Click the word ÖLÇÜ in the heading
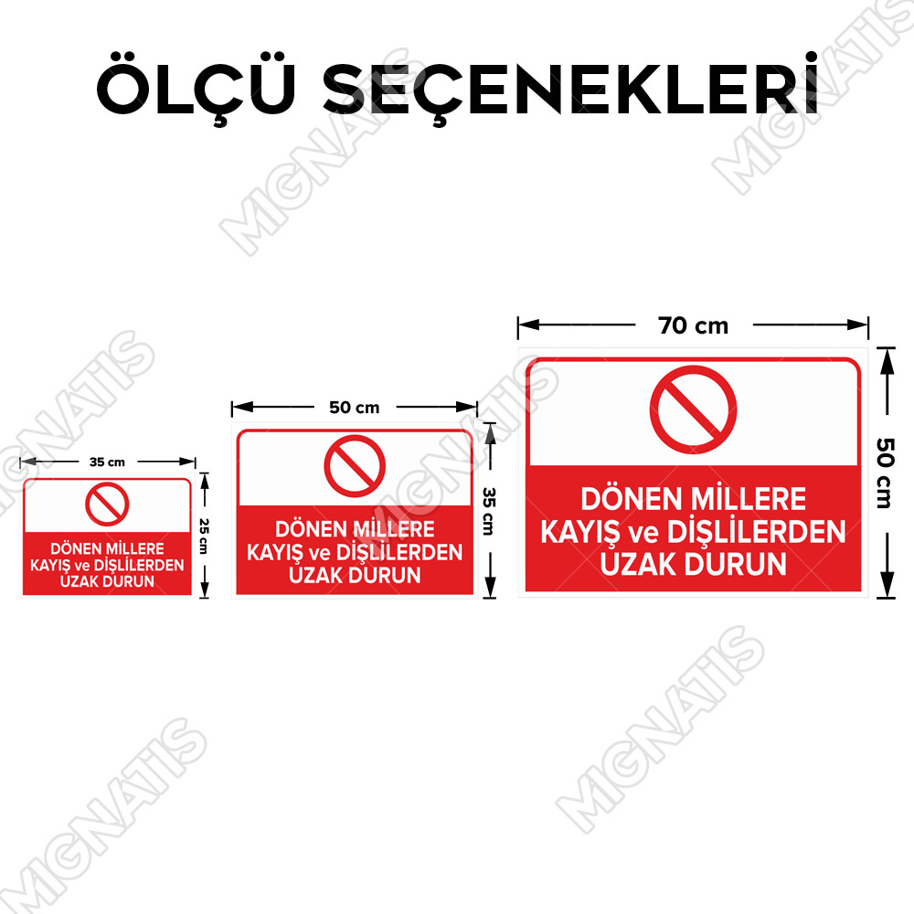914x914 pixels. pyautogui.click(x=196, y=88)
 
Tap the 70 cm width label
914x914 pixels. pyautogui.click(x=693, y=326)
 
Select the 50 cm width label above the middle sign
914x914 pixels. pyautogui.click(x=355, y=408)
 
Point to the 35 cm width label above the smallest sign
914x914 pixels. pyautogui.click(x=107, y=462)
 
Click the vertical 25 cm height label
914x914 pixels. pyautogui.click(x=204, y=537)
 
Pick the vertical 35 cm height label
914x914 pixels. pyautogui.click(x=489, y=511)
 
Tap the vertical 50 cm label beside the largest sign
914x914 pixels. pyautogui.click(x=885, y=473)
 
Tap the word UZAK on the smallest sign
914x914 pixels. pyautogui.click(x=78, y=581)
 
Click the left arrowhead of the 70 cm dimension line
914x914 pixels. pyautogui.click(x=528, y=324)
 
